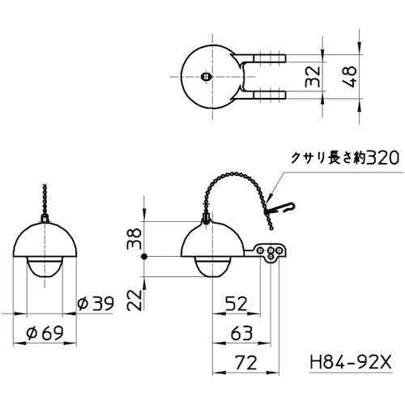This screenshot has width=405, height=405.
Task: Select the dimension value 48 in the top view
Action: pyautogui.click(x=351, y=78)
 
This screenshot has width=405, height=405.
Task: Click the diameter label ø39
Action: pyautogui.click(x=95, y=304)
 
